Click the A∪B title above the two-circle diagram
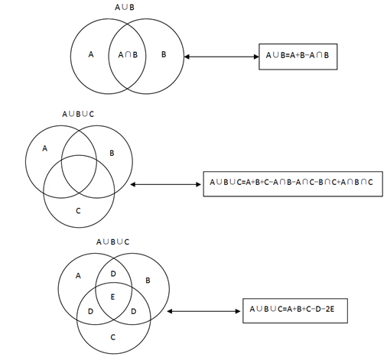[x=125, y=7]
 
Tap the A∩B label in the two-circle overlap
[x=128, y=54]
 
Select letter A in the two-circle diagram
[x=91, y=54]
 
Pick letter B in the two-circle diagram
[x=164, y=54]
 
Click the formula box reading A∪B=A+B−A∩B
[x=298, y=57]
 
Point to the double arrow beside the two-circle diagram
[x=221, y=57]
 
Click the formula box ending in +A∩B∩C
[x=293, y=184]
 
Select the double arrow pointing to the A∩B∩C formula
[x=166, y=184]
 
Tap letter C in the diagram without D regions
[x=78, y=211]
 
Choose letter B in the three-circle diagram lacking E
[x=112, y=153]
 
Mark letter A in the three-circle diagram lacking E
[x=45, y=148]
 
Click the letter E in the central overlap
[x=112, y=297]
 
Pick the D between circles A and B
[x=113, y=274]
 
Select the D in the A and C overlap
[x=90, y=311]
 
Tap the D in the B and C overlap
[x=134, y=311]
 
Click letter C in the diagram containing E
[x=113, y=337]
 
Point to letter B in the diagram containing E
[x=148, y=281]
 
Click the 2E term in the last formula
[x=330, y=309]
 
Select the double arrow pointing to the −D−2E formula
[x=203, y=311]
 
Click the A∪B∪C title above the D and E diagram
[x=113, y=242]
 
